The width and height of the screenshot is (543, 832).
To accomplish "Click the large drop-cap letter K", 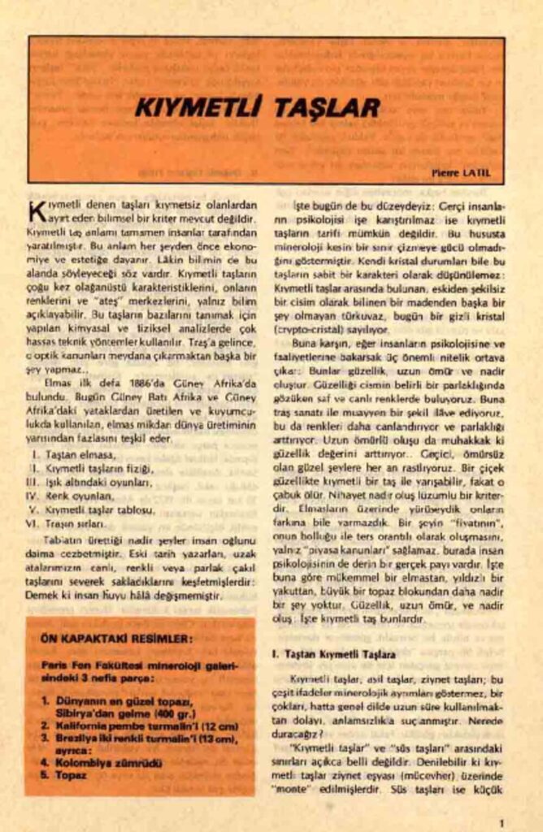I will point(37,213).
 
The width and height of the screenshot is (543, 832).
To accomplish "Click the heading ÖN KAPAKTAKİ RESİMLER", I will point(116,639).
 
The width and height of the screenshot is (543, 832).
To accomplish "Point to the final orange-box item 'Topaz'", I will point(71,775).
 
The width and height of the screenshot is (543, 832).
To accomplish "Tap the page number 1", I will point(502,821).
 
